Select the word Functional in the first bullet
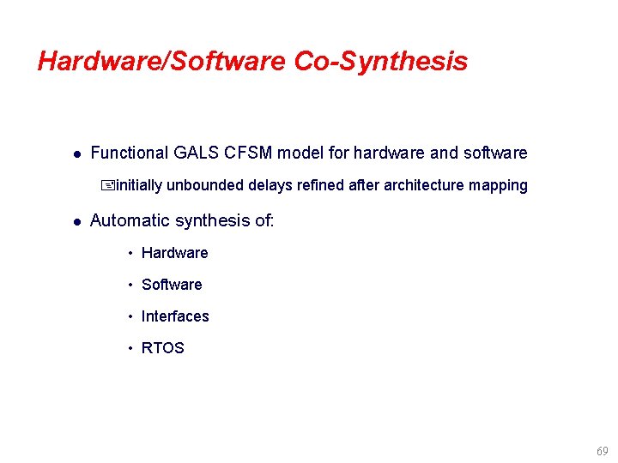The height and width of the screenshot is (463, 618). [x=130, y=153]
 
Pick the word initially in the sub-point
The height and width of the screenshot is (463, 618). [x=139, y=186]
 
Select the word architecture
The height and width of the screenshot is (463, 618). [x=424, y=186]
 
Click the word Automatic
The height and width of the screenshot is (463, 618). [x=130, y=220]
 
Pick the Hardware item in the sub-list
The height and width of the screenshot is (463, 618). [x=175, y=253]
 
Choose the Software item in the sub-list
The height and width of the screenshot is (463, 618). [x=172, y=285]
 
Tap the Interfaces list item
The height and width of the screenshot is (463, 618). [x=175, y=316]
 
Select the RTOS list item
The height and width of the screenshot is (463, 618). [x=163, y=348]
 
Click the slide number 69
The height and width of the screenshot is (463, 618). [x=601, y=451]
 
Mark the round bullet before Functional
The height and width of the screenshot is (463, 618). [x=76, y=154]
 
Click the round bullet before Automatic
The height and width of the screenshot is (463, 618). [x=76, y=221]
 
